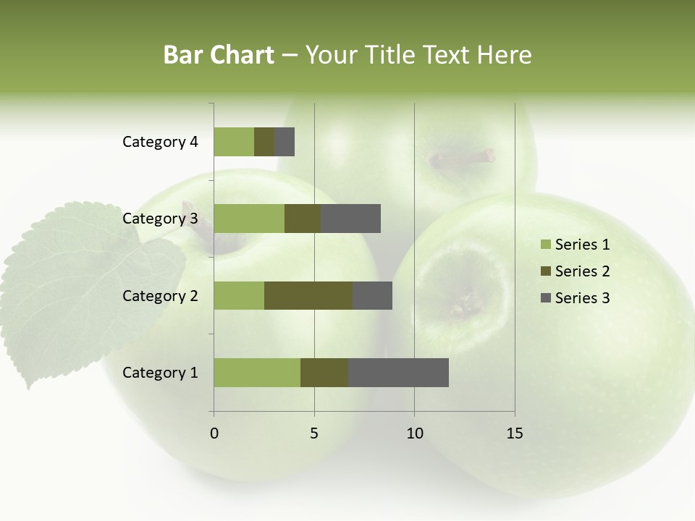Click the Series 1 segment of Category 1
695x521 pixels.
pos(257,373)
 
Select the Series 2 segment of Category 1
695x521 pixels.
pos(324,373)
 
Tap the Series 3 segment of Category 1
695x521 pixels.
pos(398,373)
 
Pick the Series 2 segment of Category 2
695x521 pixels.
pos(308,295)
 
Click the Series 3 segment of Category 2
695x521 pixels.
pos(372,295)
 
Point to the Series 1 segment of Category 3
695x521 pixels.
pos(249,219)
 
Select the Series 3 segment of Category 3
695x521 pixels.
pos(350,219)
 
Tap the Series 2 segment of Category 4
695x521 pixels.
pos(264,142)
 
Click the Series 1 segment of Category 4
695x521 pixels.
pos(234,142)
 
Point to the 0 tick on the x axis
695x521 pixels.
pos(214,433)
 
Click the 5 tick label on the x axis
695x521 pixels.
pos(314,433)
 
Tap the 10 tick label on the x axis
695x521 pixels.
pos(414,433)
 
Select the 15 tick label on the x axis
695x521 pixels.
pos(515,433)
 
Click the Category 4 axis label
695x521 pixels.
pos(160,142)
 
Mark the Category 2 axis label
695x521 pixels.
pos(160,295)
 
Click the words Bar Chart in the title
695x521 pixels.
pos(219,55)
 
